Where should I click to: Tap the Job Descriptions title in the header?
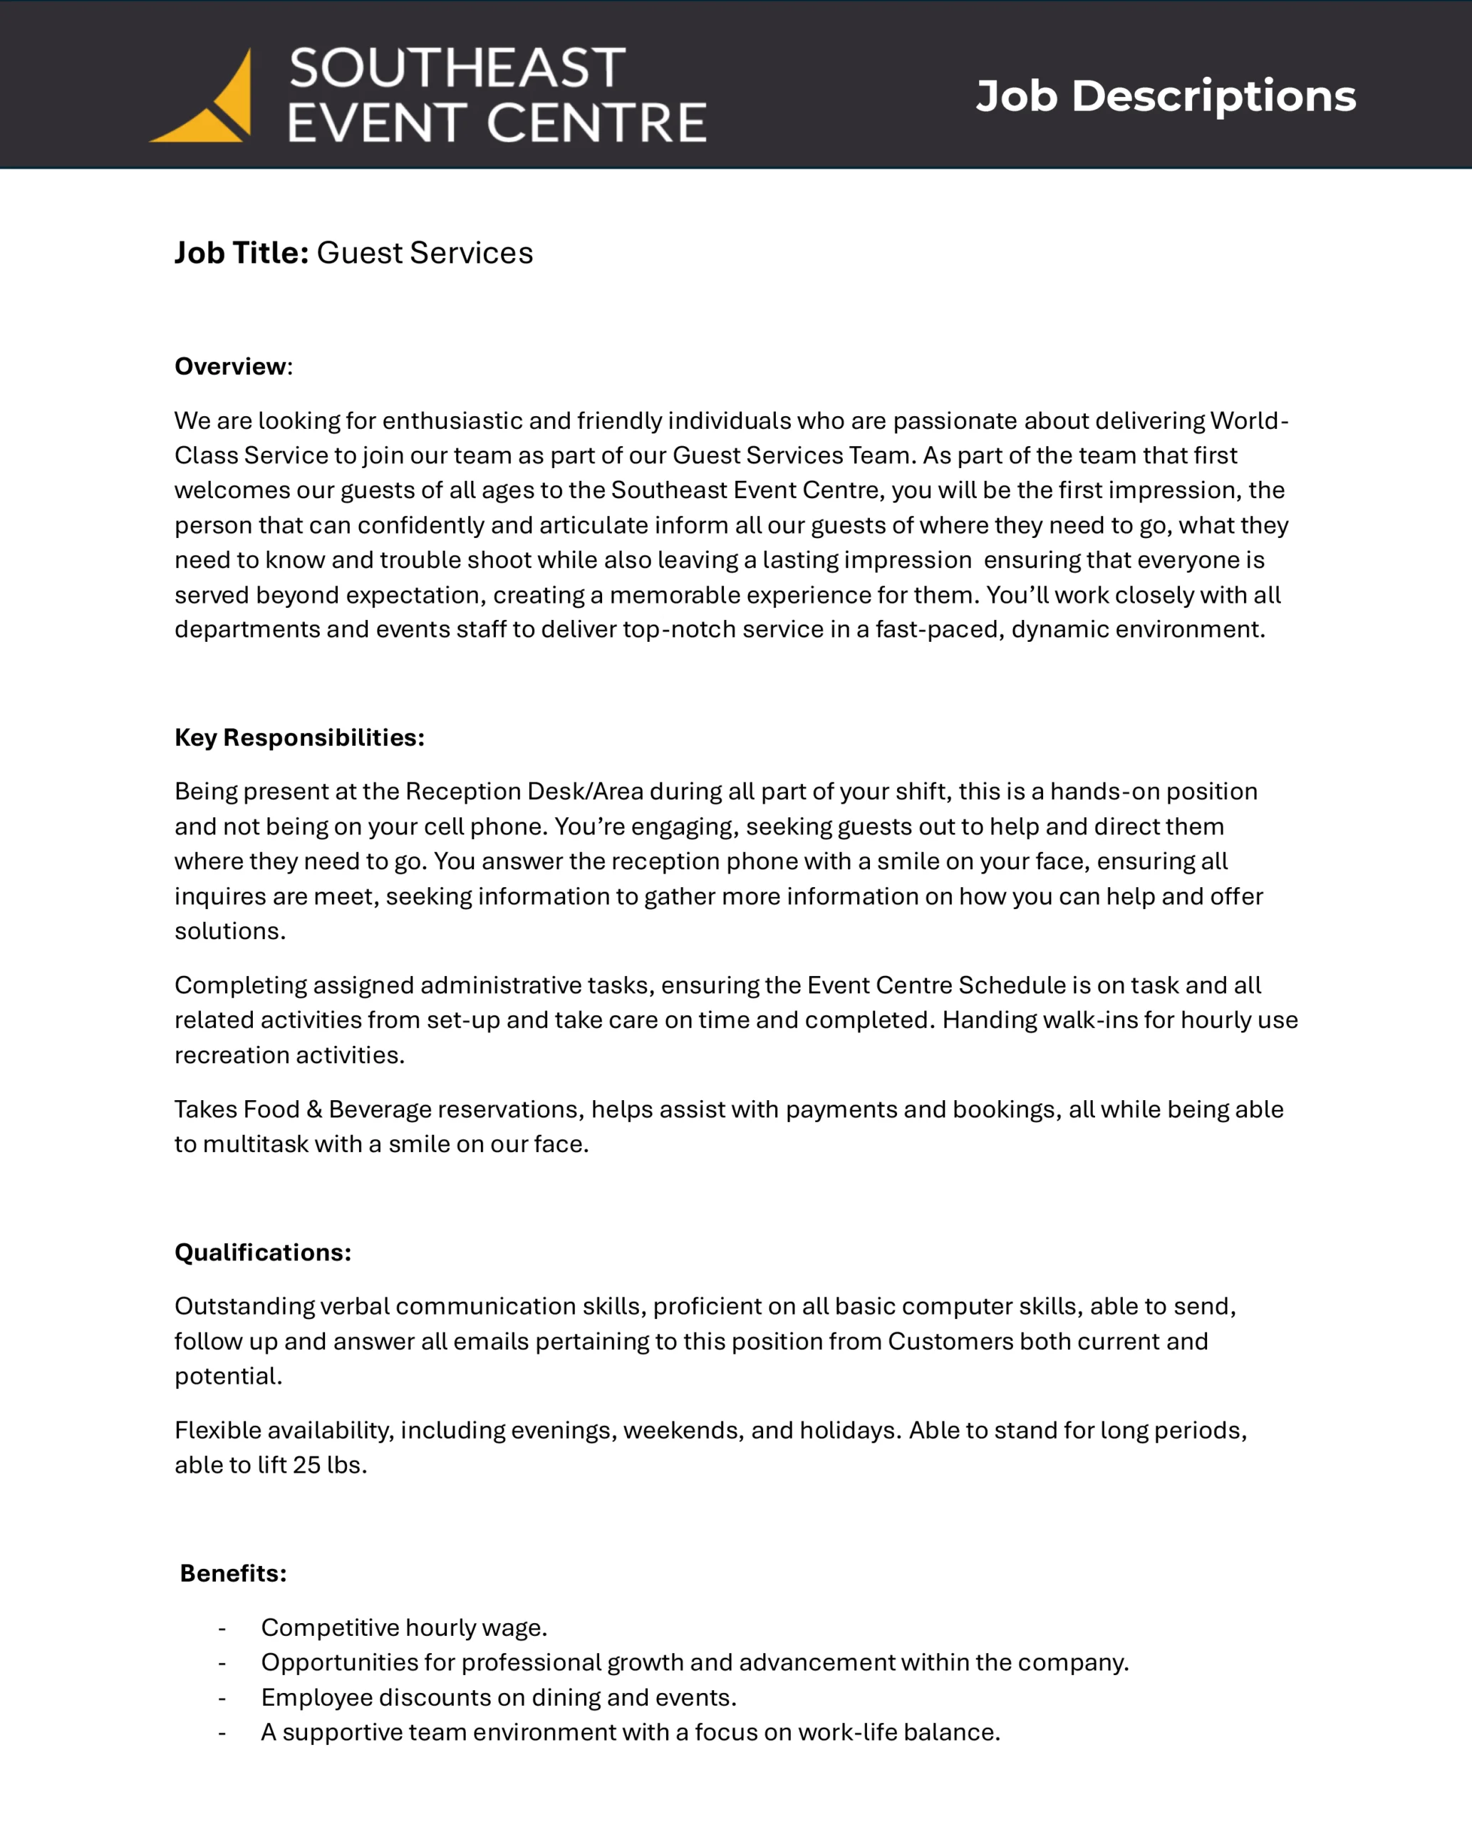point(1165,95)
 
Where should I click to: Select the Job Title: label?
point(242,253)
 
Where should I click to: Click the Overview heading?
point(231,366)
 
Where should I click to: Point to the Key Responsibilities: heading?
point(299,737)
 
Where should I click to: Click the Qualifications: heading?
point(263,1252)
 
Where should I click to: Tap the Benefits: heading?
point(233,1573)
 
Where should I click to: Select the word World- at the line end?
point(1249,420)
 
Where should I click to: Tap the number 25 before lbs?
point(306,1464)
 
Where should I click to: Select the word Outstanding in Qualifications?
point(244,1306)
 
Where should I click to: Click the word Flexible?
point(218,1430)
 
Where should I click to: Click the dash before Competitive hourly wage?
point(222,1628)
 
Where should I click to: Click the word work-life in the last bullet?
point(847,1731)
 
